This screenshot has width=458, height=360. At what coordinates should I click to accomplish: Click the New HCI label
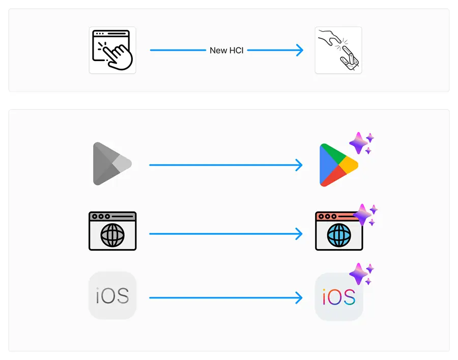tap(226, 50)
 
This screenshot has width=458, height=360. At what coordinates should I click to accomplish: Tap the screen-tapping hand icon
tap(112, 50)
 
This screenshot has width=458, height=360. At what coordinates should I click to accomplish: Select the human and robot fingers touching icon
tap(338, 50)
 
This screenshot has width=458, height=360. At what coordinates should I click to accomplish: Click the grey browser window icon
tap(112, 231)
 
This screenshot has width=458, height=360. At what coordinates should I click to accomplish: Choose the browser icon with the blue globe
tap(338, 231)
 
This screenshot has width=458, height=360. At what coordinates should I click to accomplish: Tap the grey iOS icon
tap(112, 295)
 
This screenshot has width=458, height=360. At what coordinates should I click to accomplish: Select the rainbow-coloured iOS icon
tap(338, 297)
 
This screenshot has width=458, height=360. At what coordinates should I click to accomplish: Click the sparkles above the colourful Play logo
tap(362, 142)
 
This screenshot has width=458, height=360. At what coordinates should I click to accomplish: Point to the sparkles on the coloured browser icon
tap(365, 215)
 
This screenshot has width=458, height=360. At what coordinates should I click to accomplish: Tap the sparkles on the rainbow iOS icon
tap(362, 274)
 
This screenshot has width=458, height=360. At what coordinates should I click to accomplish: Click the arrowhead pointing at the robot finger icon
tap(299, 50)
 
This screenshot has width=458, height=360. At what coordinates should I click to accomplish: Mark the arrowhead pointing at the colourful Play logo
tap(299, 165)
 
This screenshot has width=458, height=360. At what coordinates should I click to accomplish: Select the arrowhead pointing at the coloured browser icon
tap(299, 234)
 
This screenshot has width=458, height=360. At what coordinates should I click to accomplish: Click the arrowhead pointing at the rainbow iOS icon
tap(299, 297)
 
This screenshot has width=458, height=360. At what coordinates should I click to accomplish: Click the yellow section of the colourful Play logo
tap(350, 165)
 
